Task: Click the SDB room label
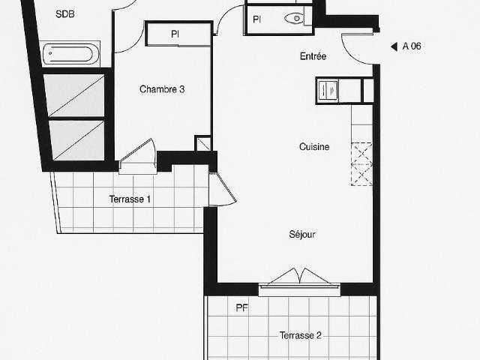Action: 65,13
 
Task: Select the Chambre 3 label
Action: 162,89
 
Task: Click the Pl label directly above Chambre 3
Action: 175,34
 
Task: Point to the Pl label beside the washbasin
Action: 257,19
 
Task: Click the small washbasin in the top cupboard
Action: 295,19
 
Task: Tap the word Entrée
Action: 313,56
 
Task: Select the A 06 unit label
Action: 412,46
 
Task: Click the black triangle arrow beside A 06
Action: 394,46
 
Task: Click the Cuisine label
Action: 314,147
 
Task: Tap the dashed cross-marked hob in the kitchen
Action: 362,163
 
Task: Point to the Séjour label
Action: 302,234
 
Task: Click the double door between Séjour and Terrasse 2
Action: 299,277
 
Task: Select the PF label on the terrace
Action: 241,307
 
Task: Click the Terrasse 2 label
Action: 301,335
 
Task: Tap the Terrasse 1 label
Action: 130,199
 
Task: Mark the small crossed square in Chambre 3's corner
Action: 202,143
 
